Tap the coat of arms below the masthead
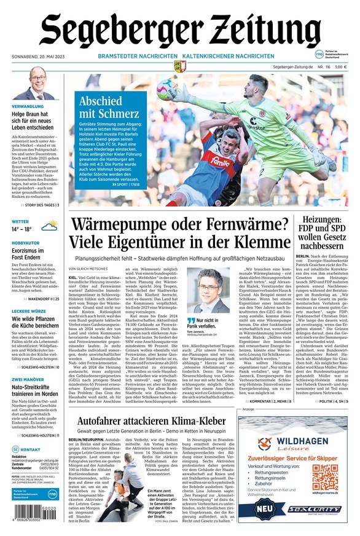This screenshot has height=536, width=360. (180, 66)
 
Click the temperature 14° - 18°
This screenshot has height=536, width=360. (22, 229)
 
